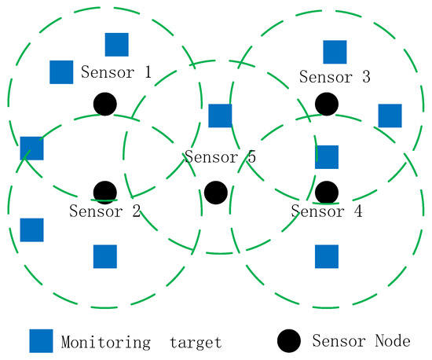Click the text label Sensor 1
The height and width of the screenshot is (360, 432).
tap(116, 73)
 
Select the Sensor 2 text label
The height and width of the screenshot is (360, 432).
tap(104, 211)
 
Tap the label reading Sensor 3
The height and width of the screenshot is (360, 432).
tap(335, 77)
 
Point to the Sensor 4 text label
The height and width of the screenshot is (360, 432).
tap(327, 211)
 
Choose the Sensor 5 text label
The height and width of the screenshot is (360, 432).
tap(221, 156)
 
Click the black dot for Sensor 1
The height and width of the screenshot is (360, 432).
tap(105, 103)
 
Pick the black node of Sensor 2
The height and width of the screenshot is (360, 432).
tap(104, 192)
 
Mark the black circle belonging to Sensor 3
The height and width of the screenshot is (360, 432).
tap(327, 103)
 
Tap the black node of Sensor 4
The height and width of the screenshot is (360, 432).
tap(327, 192)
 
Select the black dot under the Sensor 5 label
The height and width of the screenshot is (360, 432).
tap(215, 192)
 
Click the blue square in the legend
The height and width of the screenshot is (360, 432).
tap(41, 341)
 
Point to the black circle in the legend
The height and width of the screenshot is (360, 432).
tap(289, 341)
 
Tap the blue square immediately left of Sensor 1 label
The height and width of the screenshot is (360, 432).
tap(61, 72)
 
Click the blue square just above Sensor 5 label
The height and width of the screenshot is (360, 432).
tap(220, 116)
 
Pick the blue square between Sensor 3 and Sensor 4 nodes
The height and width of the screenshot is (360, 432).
tap(327, 157)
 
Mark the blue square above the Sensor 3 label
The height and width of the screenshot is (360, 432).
tap(335, 52)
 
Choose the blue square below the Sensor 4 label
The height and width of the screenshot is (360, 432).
tap(327, 256)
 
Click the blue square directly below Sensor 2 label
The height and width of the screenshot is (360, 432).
tap(104, 256)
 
